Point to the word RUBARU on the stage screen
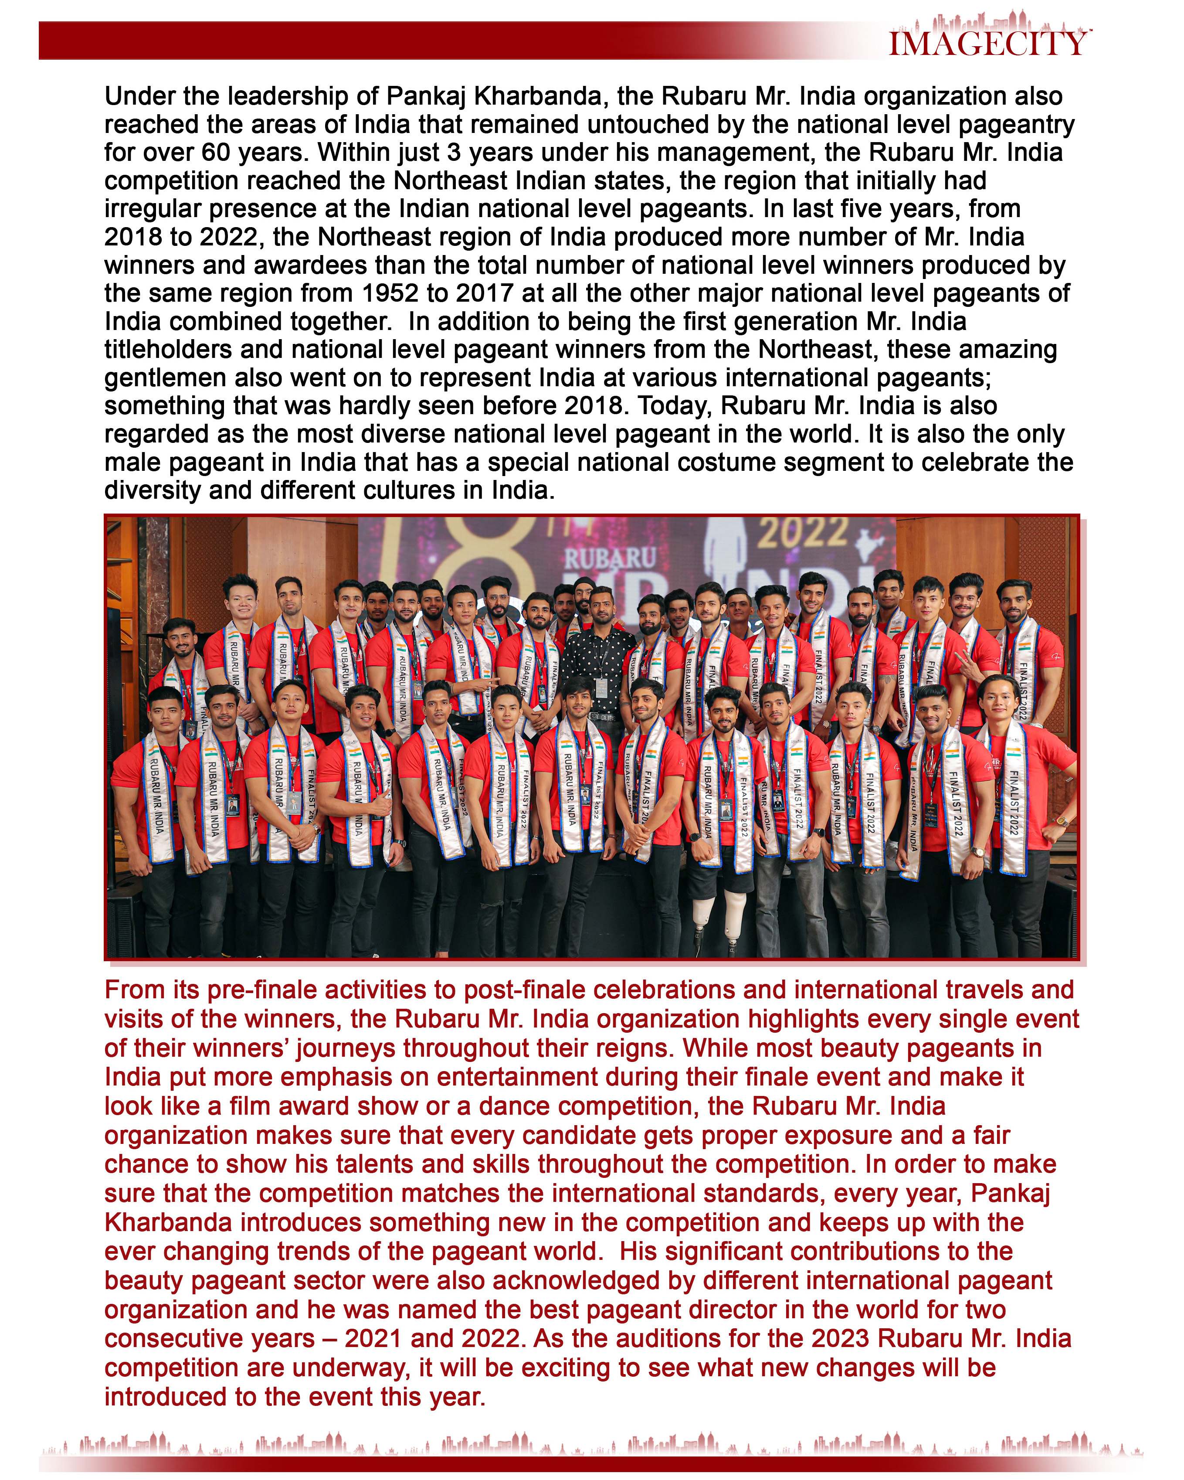coord(610,558)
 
